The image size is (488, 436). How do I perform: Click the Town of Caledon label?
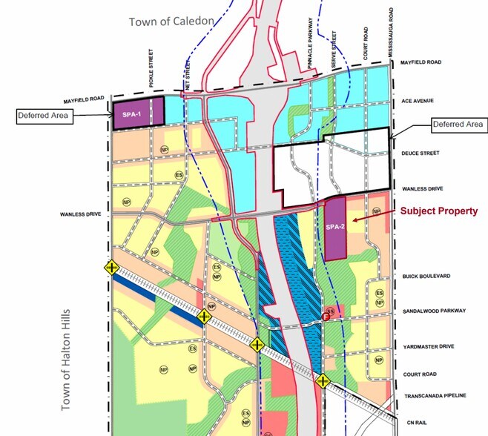coord(171,22)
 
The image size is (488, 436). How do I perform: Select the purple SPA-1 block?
coord(132,114)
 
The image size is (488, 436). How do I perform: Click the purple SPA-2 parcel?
coord(335,228)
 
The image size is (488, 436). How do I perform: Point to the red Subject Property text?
coord(439,211)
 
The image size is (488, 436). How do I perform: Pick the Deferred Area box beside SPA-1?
coord(44,116)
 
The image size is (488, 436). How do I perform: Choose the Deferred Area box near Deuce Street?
coord(458,124)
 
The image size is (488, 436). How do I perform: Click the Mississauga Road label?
coord(390,32)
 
